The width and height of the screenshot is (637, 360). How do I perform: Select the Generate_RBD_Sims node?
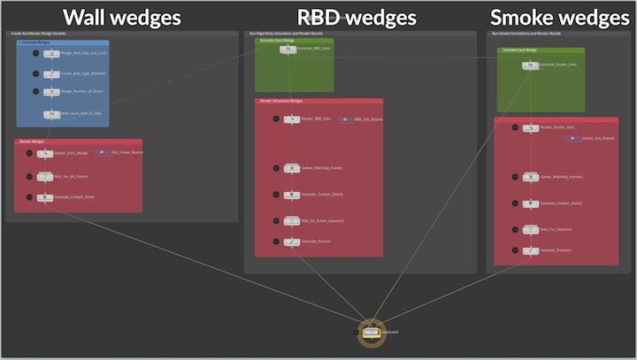(288, 50)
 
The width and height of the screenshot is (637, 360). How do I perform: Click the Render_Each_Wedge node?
(45, 153)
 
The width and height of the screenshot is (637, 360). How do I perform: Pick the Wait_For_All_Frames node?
(45, 175)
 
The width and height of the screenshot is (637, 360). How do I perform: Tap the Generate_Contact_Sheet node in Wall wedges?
(45, 197)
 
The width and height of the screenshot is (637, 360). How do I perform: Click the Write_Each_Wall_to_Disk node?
(50, 112)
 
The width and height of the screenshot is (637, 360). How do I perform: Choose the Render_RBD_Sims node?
(292, 119)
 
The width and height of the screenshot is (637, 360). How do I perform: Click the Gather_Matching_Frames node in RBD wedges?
(292, 166)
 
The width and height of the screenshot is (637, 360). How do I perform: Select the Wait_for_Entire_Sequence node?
(292, 220)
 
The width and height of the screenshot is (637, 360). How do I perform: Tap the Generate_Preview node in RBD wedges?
(292, 241)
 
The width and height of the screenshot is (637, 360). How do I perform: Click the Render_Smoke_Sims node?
(531, 128)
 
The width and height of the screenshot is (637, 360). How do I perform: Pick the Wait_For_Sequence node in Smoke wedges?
(531, 228)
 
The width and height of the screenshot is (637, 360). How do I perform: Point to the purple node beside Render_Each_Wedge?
(102, 152)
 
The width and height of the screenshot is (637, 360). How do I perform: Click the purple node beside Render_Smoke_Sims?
(572, 138)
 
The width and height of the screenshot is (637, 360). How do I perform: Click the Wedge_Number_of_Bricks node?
(50, 92)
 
